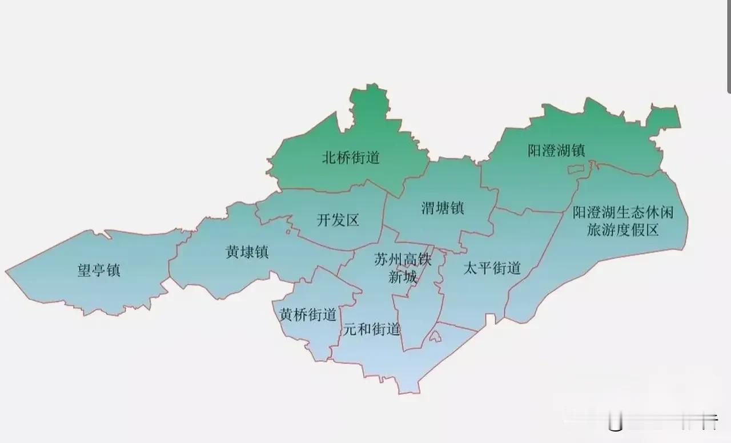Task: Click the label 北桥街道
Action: [x=351, y=158]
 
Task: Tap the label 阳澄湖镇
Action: [x=556, y=151]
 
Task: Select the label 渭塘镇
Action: [x=443, y=208]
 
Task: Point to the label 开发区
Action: [x=338, y=220]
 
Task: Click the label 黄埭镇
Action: [x=247, y=252]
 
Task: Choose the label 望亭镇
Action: [x=99, y=270]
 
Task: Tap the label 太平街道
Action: [x=492, y=268]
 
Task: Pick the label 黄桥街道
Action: [x=307, y=315]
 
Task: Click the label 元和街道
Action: [x=371, y=329]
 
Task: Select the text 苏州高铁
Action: [x=403, y=260]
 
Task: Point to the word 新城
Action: [x=403, y=278]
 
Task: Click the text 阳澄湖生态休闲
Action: [x=623, y=214]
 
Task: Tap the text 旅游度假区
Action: [x=623, y=231]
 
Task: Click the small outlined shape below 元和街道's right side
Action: [x=435, y=337]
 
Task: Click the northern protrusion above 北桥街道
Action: [x=365, y=103]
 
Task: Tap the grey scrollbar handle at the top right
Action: [x=729, y=46]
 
